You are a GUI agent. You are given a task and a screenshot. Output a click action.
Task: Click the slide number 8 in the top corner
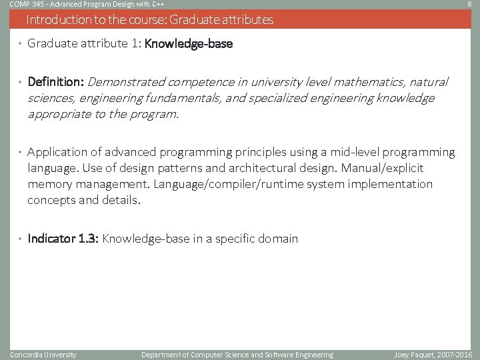[x=469, y=4]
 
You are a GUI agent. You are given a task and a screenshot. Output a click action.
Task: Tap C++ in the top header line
[x=159, y=4]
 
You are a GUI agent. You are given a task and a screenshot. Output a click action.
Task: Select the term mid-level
[x=351, y=153]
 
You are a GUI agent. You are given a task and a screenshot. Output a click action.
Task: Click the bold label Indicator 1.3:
[x=63, y=239]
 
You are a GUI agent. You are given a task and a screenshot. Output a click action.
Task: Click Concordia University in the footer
[x=43, y=355]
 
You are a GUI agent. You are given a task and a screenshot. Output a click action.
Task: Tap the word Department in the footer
[x=161, y=355]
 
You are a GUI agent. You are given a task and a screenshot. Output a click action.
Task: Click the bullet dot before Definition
[x=20, y=83]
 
